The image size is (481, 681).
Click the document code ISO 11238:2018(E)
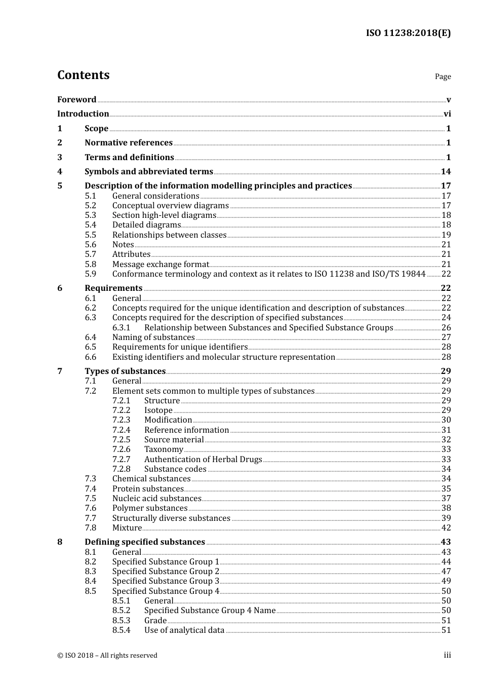[408, 33]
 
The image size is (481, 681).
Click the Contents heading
[83, 75]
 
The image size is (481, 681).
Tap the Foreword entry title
[76, 99]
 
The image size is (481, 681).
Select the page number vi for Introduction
[447, 114]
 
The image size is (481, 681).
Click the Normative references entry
[129, 143]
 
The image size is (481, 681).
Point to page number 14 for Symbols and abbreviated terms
[446, 172]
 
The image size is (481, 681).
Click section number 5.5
[91, 235]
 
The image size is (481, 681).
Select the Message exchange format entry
[161, 264]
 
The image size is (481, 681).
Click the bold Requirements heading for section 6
[113, 288]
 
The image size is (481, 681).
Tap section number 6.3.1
[122, 328]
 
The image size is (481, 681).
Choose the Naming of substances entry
[153, 337]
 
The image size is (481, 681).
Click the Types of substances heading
[125, 371]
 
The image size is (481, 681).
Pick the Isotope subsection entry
[158, 410]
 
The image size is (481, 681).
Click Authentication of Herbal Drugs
[203, 460]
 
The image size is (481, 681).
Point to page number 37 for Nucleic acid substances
[446, 499]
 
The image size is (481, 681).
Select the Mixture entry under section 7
[127, 528]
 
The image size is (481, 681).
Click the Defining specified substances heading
[145, 542]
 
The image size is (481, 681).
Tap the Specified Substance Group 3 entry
[166, 581]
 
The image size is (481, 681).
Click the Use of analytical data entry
[184, 630]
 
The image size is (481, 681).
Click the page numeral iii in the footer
[448, 655]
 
